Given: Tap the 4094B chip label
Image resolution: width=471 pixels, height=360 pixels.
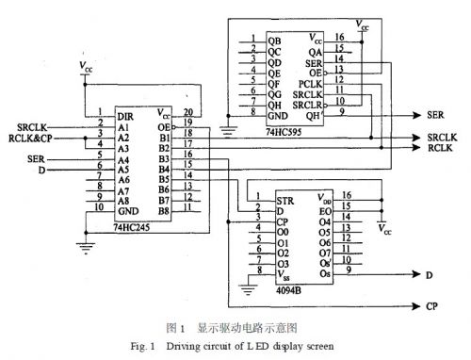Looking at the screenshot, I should pyautogui.click(x=289, y=290).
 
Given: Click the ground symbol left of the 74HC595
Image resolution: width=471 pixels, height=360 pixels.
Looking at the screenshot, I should pyautogui.click(x=227, y=126).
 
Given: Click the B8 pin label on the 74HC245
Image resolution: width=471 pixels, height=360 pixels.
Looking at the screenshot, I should pyautogui.click(x=165, y=211).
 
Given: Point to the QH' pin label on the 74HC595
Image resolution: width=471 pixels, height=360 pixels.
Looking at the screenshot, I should pyautogui.click(x=316, y=112).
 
